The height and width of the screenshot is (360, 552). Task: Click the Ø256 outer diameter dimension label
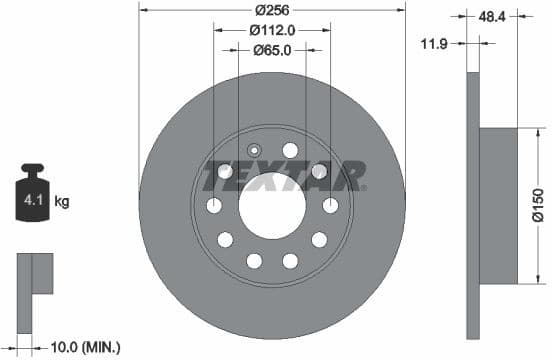[272, 10]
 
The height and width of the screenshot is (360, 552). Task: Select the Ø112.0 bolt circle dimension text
[271, 30]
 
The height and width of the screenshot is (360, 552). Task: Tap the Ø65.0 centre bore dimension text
[271, 50]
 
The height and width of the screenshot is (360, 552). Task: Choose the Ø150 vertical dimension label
[537, 204]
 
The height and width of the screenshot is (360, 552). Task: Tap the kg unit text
[62, 202]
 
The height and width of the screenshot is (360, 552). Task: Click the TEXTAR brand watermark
[284, 176]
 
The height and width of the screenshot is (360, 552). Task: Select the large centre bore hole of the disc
[271, 205]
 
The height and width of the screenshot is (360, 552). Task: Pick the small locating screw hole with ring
[253, 151]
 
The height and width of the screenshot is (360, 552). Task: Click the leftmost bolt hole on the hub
[213, 205]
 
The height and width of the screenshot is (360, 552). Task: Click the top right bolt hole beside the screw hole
[290, 150]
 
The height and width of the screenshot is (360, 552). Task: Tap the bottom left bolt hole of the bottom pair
[253, 260]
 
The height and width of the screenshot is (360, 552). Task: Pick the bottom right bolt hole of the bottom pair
[290, 260]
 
